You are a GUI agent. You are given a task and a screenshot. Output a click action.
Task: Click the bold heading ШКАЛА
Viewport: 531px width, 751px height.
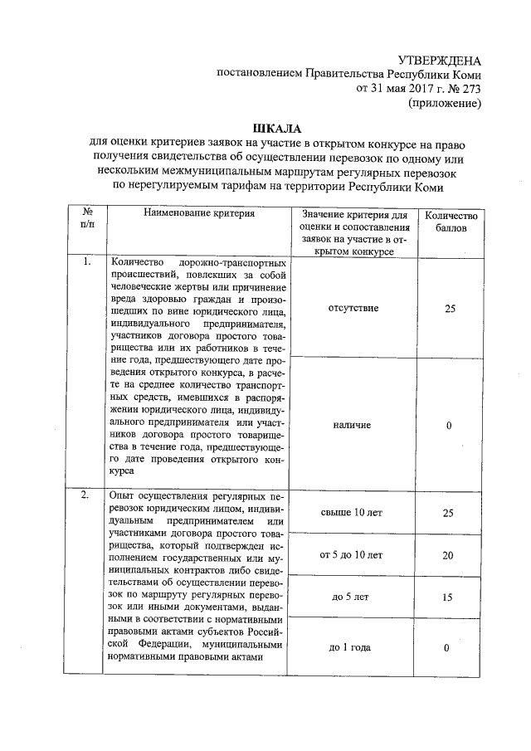click(265, 128)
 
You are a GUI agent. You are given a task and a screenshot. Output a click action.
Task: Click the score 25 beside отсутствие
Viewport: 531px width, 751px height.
click(449, 308)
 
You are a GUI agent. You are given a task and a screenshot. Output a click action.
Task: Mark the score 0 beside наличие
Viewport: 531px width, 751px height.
click(449, 425)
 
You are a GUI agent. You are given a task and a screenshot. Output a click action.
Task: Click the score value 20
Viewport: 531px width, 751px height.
click(448, 554)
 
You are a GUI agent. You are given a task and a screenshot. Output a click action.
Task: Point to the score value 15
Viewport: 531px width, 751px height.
click(448, 597)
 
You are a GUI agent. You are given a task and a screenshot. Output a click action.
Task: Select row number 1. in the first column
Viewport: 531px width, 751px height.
click(85, 263)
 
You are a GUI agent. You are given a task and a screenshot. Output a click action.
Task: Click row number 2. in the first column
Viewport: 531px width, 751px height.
click(85, 495)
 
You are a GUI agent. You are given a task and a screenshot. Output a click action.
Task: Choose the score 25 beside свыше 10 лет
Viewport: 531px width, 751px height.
click(448, 513)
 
